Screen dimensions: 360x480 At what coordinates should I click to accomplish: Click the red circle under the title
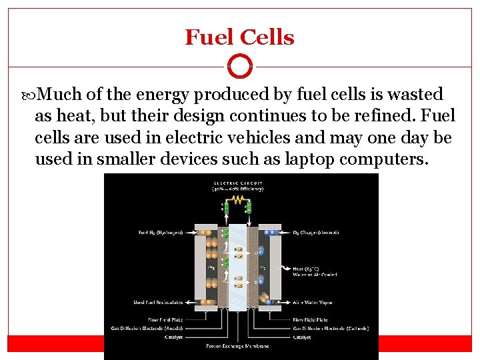(x=239, y=67)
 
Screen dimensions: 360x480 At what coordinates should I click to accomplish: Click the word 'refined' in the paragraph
(x=385, y=116)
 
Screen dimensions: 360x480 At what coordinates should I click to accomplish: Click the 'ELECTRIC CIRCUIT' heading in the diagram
(x=238, y=183)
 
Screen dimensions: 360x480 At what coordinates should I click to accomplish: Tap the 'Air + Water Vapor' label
(x=312, y=303)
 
